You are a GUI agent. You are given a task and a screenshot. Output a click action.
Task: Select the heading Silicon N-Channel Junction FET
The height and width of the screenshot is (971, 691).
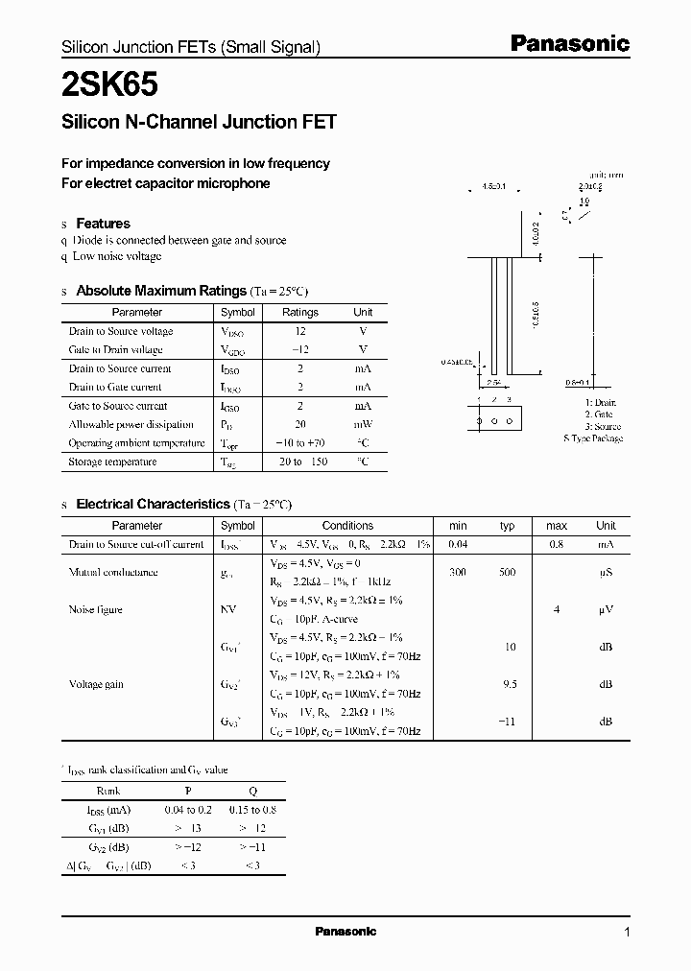point(199,123)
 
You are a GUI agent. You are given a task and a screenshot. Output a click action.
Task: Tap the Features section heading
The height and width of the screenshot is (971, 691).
point(103,224)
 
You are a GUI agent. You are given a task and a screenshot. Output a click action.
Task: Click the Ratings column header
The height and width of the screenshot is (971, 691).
point(300,312)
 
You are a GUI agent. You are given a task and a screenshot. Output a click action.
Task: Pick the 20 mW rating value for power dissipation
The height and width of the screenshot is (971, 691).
point(300,424)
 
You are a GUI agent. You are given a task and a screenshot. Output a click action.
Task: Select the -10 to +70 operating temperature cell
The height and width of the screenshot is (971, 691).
point(300,443)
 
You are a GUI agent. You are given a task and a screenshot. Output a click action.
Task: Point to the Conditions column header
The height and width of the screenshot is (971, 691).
point(347,526)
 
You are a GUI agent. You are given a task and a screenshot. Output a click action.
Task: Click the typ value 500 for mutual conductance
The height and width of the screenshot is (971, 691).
point(507,572)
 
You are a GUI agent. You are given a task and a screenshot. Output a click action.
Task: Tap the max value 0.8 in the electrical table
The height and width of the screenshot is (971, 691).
point(557,544)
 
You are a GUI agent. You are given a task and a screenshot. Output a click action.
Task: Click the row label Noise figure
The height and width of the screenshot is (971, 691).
point(95,609)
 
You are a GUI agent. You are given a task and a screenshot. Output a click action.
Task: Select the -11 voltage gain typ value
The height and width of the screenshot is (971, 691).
point(507,722)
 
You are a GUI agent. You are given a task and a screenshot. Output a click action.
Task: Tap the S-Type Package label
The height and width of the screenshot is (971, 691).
point(593,438)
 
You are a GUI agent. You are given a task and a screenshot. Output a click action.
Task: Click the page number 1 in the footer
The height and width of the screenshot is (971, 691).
point(627,932)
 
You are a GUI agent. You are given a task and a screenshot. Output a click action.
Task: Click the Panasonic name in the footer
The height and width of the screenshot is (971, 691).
point(345,932)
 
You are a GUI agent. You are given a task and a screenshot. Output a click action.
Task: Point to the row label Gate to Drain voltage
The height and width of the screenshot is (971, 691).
point(115,350)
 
